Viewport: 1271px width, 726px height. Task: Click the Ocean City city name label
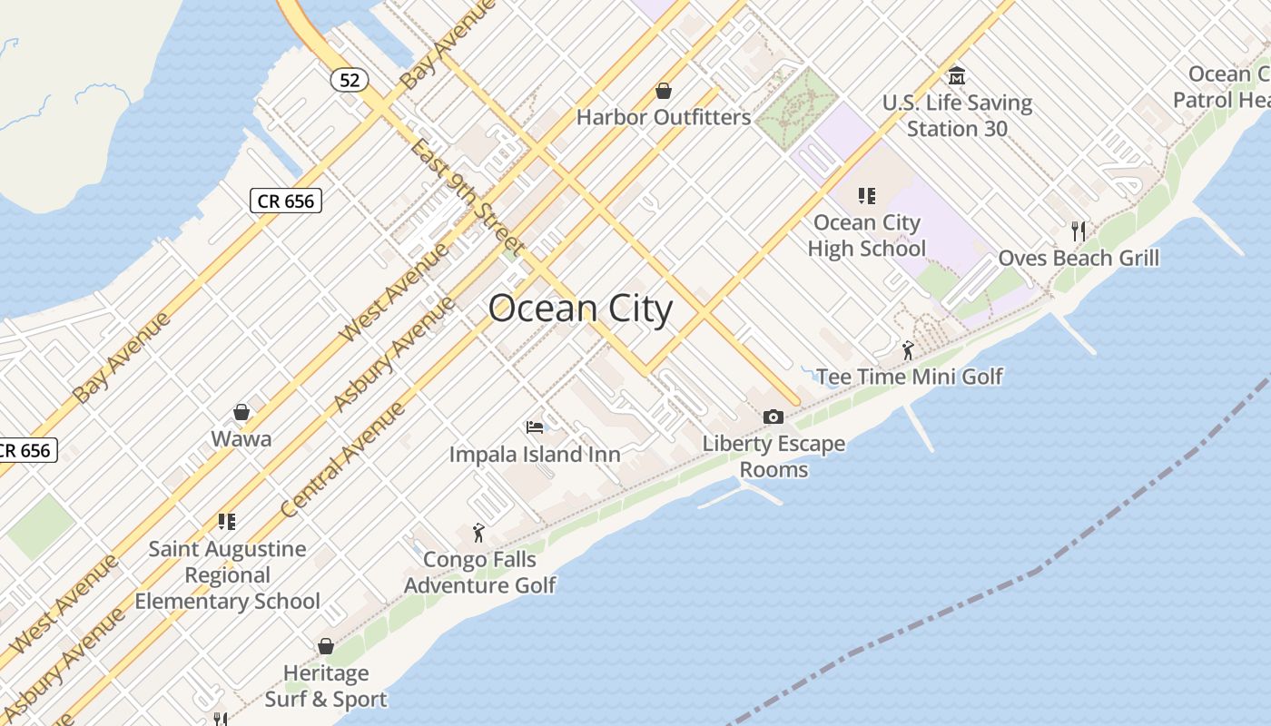[580, 309]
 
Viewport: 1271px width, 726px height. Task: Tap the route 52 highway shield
[350, 80]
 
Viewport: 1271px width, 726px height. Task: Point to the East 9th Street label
[465, 196]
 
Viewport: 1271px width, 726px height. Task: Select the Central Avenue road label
[342, 462]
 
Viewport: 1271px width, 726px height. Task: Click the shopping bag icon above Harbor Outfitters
[664, 91]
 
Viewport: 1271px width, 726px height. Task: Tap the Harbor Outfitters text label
[664, 117]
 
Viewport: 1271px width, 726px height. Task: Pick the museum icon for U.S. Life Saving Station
[956, 75]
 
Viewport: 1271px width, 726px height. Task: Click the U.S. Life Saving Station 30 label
[957, 115]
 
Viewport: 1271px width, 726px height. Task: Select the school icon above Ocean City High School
[866, 196]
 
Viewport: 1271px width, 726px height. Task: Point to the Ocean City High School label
[866, 235]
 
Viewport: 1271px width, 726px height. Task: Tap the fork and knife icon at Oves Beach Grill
[1079, 231]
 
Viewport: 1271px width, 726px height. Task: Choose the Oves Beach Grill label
[1079, 258]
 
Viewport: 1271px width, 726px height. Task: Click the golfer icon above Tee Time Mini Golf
[908, 349]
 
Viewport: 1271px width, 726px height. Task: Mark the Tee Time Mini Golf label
[909, 376]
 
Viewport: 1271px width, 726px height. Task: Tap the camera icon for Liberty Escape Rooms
[773, 417]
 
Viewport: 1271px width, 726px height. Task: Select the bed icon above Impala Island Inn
[535, 427]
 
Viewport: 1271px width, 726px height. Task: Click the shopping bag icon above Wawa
[241, 413]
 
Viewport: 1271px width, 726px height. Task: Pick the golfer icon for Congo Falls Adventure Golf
[478, 533]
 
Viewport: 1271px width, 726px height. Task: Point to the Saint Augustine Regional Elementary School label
[227, 574]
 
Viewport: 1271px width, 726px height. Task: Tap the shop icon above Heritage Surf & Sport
[326, 646]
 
